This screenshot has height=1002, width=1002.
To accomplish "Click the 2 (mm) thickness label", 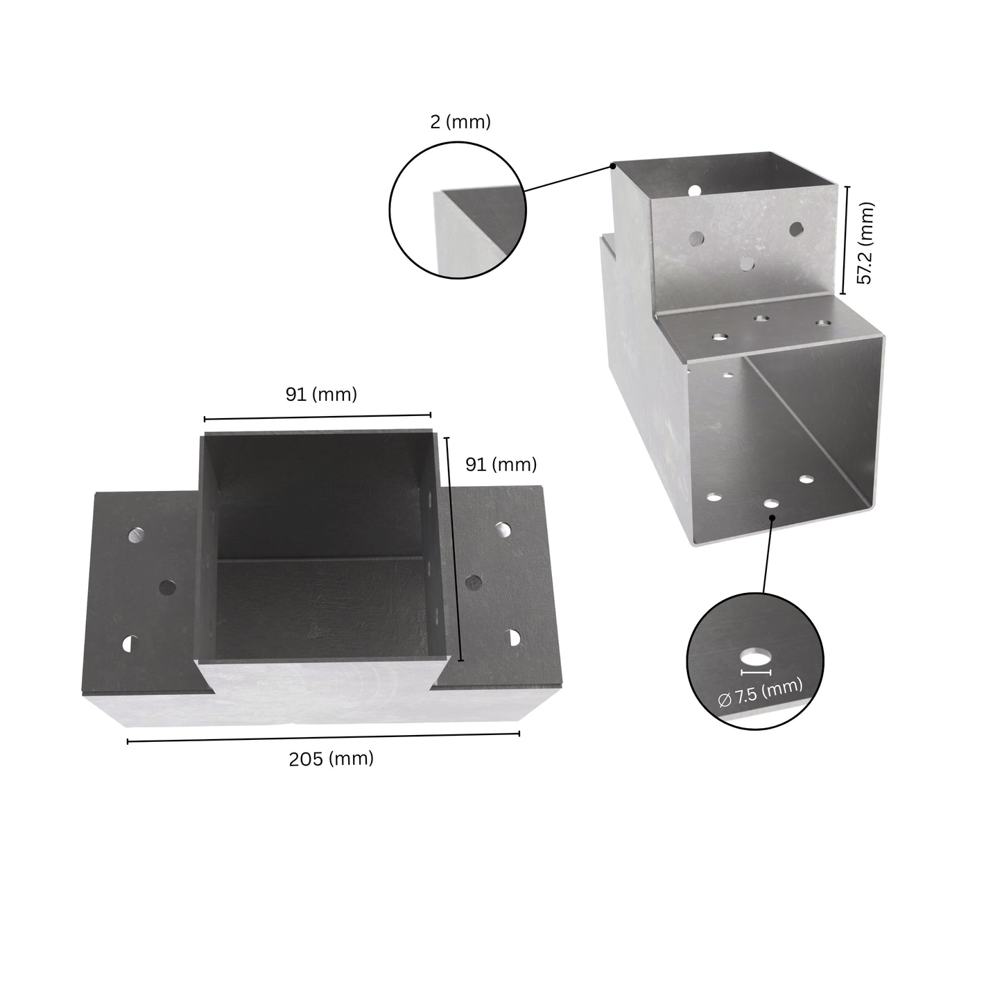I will click(x=460, y=122).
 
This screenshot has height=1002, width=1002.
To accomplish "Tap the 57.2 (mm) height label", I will click(x=865, y=243).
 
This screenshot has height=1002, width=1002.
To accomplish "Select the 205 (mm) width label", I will click(x=331, y=759).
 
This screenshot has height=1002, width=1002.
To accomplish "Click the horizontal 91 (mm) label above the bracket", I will click(x=321, y=395).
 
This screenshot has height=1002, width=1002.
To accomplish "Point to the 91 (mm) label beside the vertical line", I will click(x=500, y=465).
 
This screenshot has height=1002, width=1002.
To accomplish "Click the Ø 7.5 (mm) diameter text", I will click(x=760, y=693).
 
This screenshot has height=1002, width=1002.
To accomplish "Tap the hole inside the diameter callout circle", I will click(x=755, y=655).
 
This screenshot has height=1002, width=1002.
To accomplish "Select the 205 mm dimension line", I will click(x=323, y=738).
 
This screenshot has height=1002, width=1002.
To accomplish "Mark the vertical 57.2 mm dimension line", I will click(x=845, y=239).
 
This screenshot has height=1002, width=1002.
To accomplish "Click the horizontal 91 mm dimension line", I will click(x=318, y=417).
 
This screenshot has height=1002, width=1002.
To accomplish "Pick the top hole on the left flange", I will click(x=137, y=535).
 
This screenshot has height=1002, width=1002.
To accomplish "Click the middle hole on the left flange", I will click(x=166, y=587).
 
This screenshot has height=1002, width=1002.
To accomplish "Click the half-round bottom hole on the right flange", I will click(x=514, y=637).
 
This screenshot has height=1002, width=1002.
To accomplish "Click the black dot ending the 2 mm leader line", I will click(x=613, y=166).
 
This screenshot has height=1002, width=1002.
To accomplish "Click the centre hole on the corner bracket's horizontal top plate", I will click(x=761, y=319).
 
